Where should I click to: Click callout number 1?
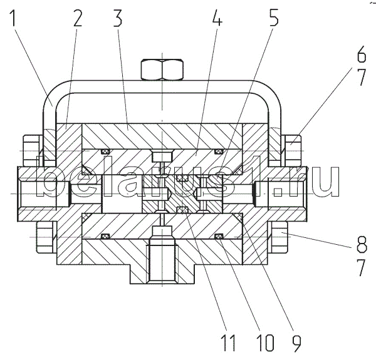point(13,18)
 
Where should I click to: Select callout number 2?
point(78,18)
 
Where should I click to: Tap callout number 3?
point(118,18)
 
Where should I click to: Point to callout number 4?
point(217,18)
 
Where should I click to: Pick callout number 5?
point(274,18)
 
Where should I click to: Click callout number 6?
point(362,54)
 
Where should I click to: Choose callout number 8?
point(362,244)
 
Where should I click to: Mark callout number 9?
point(296,343)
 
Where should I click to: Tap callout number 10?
point(265,343)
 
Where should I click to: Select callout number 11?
point(228,343)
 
